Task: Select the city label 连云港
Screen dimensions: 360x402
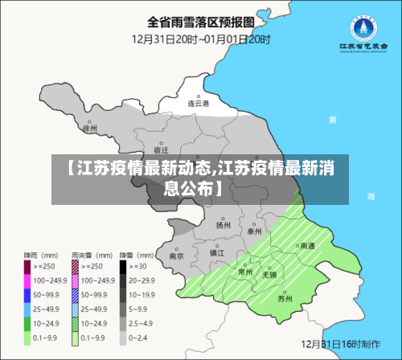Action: (199, 104)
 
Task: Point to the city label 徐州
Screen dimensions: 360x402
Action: (90, 128)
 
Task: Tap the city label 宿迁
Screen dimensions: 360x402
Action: (161, 150)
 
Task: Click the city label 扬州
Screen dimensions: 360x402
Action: (223, 226)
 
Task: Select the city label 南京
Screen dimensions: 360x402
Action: (178, 256)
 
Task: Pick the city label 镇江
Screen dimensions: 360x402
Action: (217, 252)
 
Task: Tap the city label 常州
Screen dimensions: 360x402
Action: (246, 272)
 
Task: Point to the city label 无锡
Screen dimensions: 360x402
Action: (269, 275)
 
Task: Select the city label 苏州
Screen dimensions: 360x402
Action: (285, 299)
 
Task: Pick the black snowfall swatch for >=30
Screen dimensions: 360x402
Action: (124, 265)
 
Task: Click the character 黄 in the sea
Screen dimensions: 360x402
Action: (332, 120)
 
